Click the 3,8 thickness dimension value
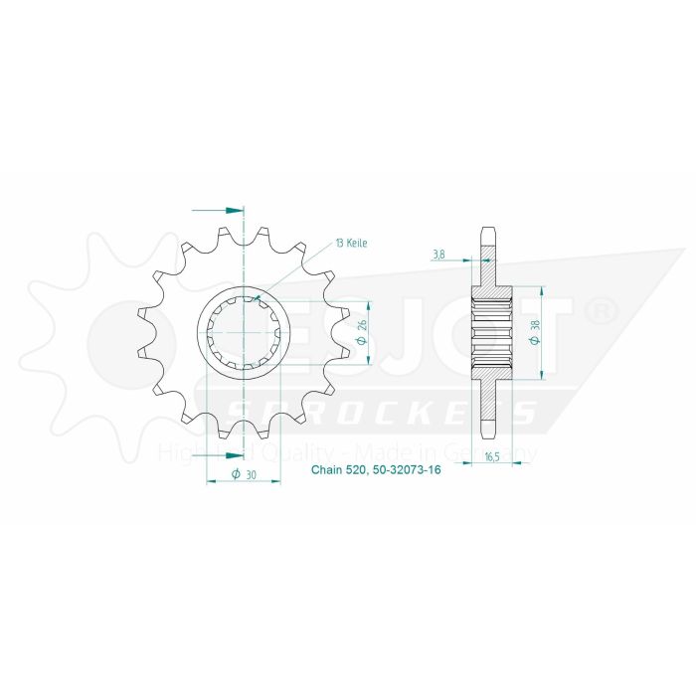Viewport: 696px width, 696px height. tap(438, 254)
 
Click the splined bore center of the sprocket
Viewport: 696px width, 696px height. tap(245, 334)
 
